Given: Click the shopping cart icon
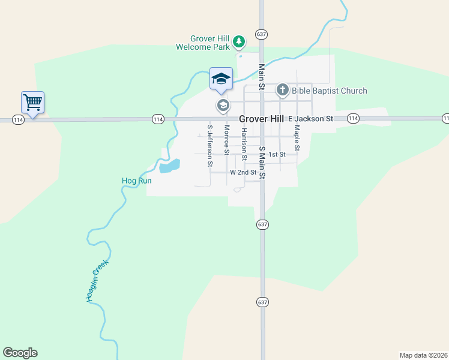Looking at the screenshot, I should pos(32,102).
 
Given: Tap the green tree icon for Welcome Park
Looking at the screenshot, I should pos(239,41).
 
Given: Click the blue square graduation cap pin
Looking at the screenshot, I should pos(221,79).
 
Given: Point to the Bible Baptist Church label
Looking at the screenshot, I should pos(330,91).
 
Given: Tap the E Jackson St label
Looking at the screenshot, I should pos(310,119).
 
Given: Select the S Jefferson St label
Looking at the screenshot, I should pos(209,145).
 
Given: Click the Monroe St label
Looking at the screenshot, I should pos(226,140).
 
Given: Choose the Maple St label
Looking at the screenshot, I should pos(297,138).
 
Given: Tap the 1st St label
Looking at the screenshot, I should pos(276,154).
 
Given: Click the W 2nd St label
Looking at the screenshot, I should pos(243,172).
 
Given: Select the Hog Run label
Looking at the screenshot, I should pos(136,180).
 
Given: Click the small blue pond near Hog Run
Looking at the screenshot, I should pos(169,166).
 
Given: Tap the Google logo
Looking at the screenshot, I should pos(20,353).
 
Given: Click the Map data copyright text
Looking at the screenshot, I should pos(423,355).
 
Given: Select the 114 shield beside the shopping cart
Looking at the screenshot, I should pos(18,119).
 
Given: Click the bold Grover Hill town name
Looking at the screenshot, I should pos(261,119).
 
